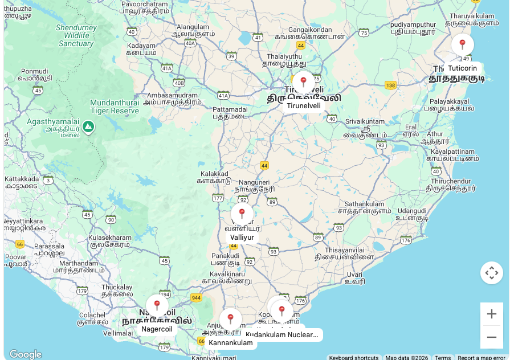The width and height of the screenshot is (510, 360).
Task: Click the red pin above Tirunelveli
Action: coord(303,82)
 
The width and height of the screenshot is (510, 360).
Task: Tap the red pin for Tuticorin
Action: coord(462,44)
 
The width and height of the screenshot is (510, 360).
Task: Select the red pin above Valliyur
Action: coord(242,214)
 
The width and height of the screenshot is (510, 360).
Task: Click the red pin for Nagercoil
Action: coord(157,305)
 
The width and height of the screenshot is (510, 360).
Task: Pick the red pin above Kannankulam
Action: coord(230,319)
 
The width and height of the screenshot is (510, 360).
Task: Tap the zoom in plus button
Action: coord(491,314)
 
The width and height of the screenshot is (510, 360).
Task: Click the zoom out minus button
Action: coord(491,337)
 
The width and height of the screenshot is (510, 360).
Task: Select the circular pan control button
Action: coord(491,273)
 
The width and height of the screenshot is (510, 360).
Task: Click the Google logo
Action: coord(25,354)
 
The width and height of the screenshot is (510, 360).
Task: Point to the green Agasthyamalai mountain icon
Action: coord(88,126)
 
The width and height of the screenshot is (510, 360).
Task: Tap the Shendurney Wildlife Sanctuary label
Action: coord(76,35)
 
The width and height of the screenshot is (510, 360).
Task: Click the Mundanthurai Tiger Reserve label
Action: coord(115,107)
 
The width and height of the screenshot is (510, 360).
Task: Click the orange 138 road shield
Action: coord(390,85)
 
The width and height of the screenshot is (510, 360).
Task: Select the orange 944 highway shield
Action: coord(196,297)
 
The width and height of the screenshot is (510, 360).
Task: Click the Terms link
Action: coord(443,358)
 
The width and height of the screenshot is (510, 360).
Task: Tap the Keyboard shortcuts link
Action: coord(353,358)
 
